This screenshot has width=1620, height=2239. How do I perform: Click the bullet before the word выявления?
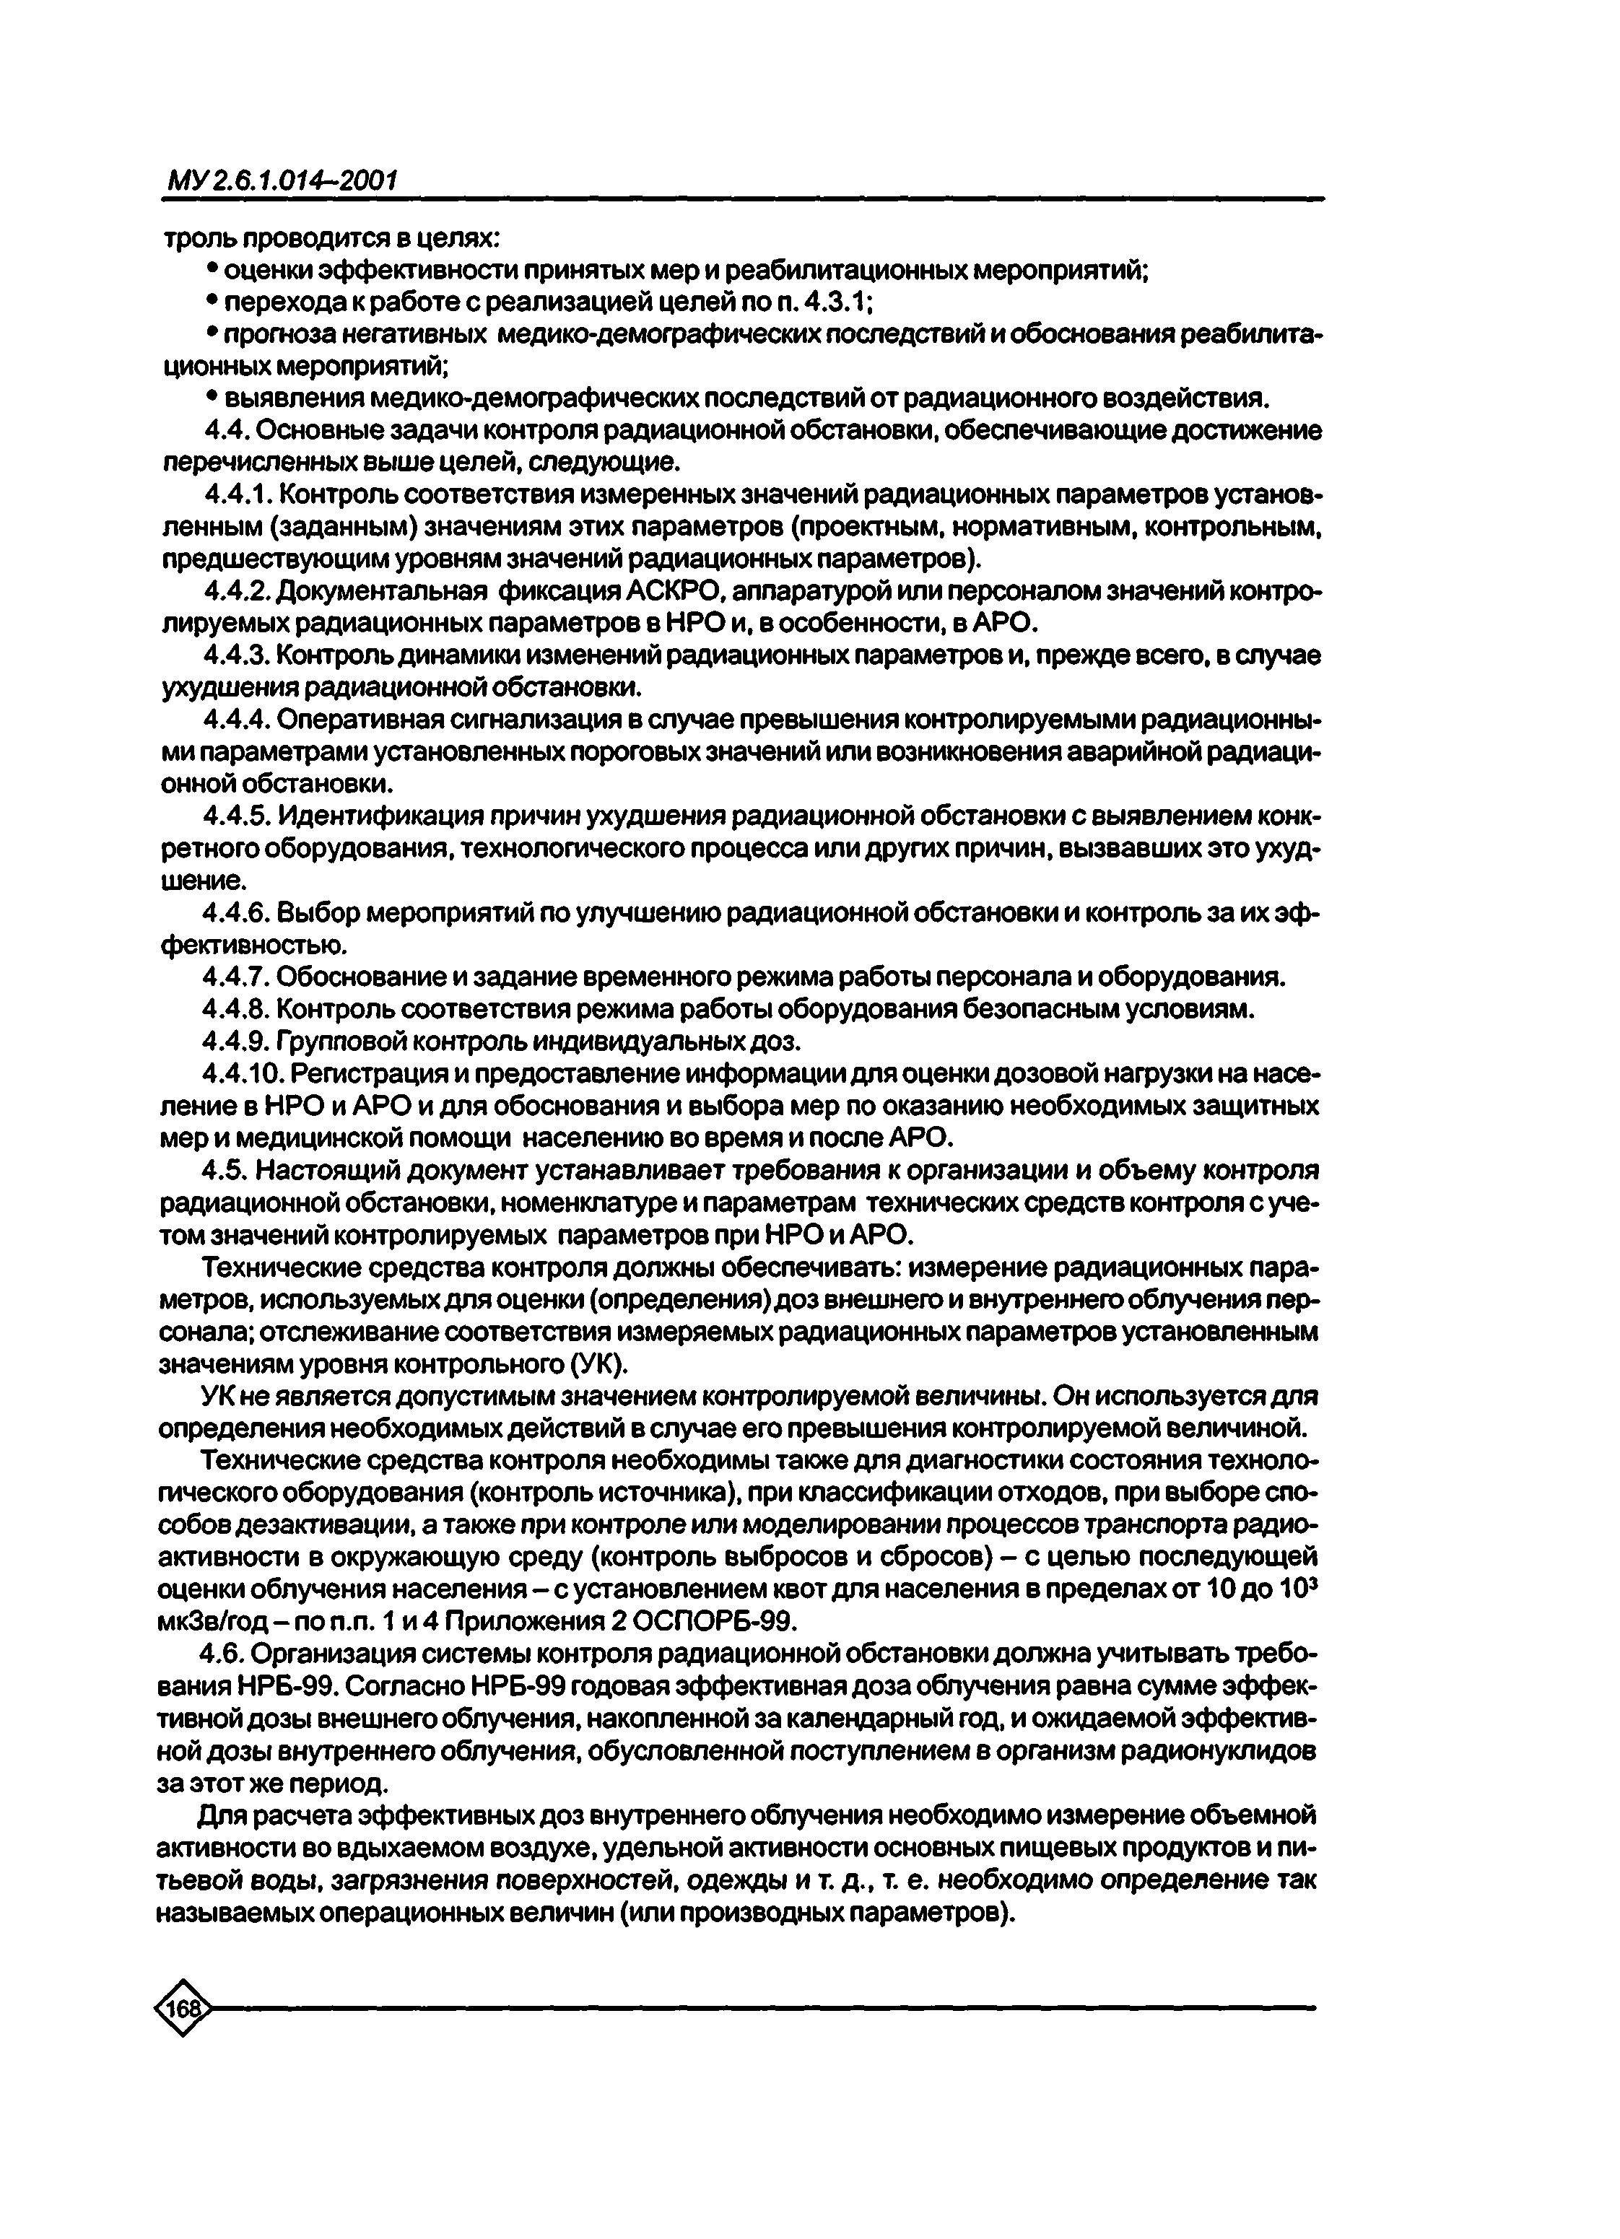(x=212, y=397)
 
